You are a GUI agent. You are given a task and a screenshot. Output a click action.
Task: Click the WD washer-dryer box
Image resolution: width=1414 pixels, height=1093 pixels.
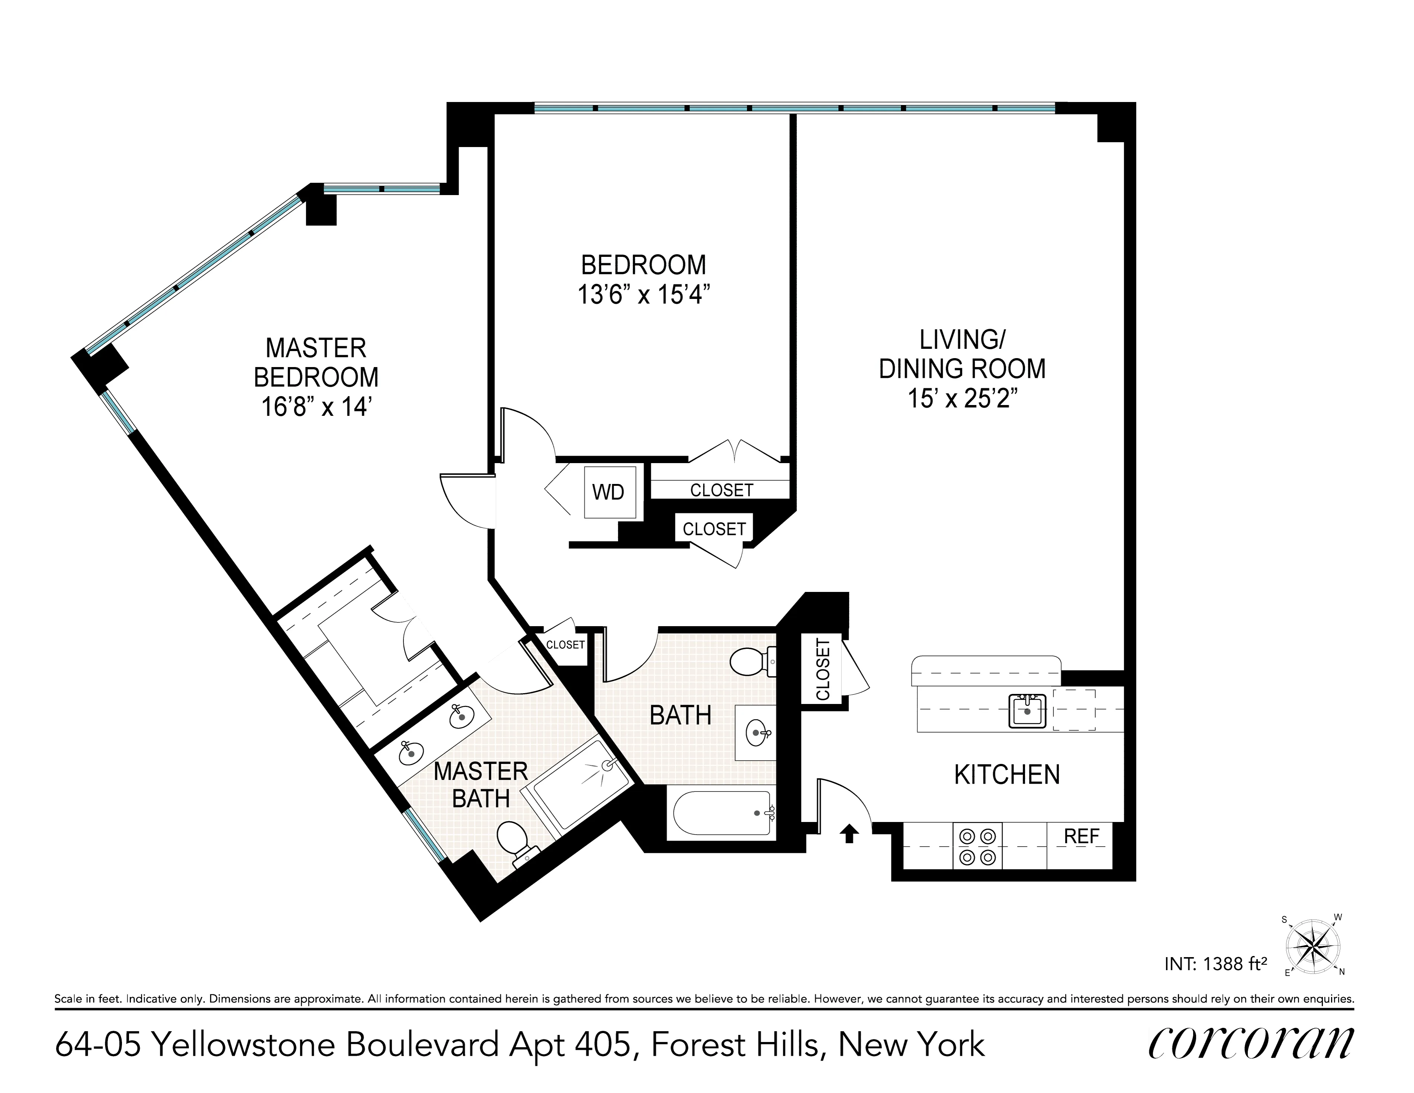(x=608, y=492)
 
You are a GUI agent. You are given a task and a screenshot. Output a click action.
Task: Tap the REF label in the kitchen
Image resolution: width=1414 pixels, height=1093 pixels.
(x=1081, y=837)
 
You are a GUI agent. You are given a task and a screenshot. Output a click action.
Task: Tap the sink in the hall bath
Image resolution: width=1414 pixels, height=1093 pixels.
(x=756, y=733)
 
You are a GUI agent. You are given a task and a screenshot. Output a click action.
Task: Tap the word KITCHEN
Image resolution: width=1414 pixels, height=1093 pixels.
(x=1007, y=775)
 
